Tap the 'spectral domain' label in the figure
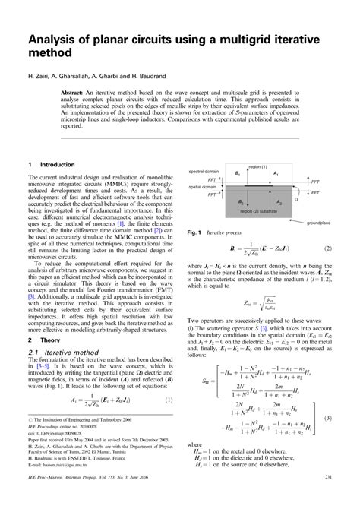point(204,172)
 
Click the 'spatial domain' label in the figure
point(203,186)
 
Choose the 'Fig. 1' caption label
point(194,231)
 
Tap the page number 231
point(327,498)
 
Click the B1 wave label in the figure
point(238,175)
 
